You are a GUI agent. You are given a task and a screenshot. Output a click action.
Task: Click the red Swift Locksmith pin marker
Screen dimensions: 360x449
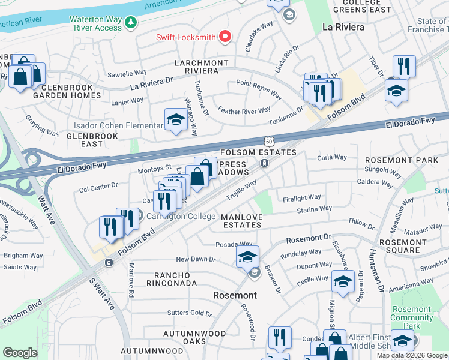pyautogui.click(x=225, y=37)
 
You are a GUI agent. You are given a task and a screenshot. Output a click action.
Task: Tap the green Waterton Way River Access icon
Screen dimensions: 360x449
pyautogui.click(x=130, y=23)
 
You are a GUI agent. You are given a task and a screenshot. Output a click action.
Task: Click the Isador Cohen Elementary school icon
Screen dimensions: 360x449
pyautogui.click(x=175, y=119)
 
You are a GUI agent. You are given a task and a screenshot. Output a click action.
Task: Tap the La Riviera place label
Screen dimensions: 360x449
pyautogui.click(x=343, y=27)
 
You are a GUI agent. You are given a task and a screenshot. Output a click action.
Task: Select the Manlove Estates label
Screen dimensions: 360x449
pyautogui.click(x=241, y=221)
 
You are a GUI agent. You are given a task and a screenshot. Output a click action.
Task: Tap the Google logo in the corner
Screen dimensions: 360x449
pyautogui.click(x=20, y=353)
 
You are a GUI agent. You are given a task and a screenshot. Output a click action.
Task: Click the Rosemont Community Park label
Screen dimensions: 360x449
pyautogui.click(x=411, y=317)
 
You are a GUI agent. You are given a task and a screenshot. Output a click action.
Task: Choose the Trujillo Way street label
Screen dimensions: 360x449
pyautogui.click(x=241, y=190)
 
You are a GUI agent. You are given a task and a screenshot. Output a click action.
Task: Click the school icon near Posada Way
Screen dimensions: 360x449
pyautogui.click(x=247, y=256)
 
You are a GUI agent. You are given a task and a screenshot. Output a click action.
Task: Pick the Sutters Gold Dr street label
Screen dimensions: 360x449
pyautogui.click(x=190, y=313)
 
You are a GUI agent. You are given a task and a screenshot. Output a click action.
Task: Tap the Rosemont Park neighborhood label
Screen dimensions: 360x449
pyautogui.click(x=410, y=160)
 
